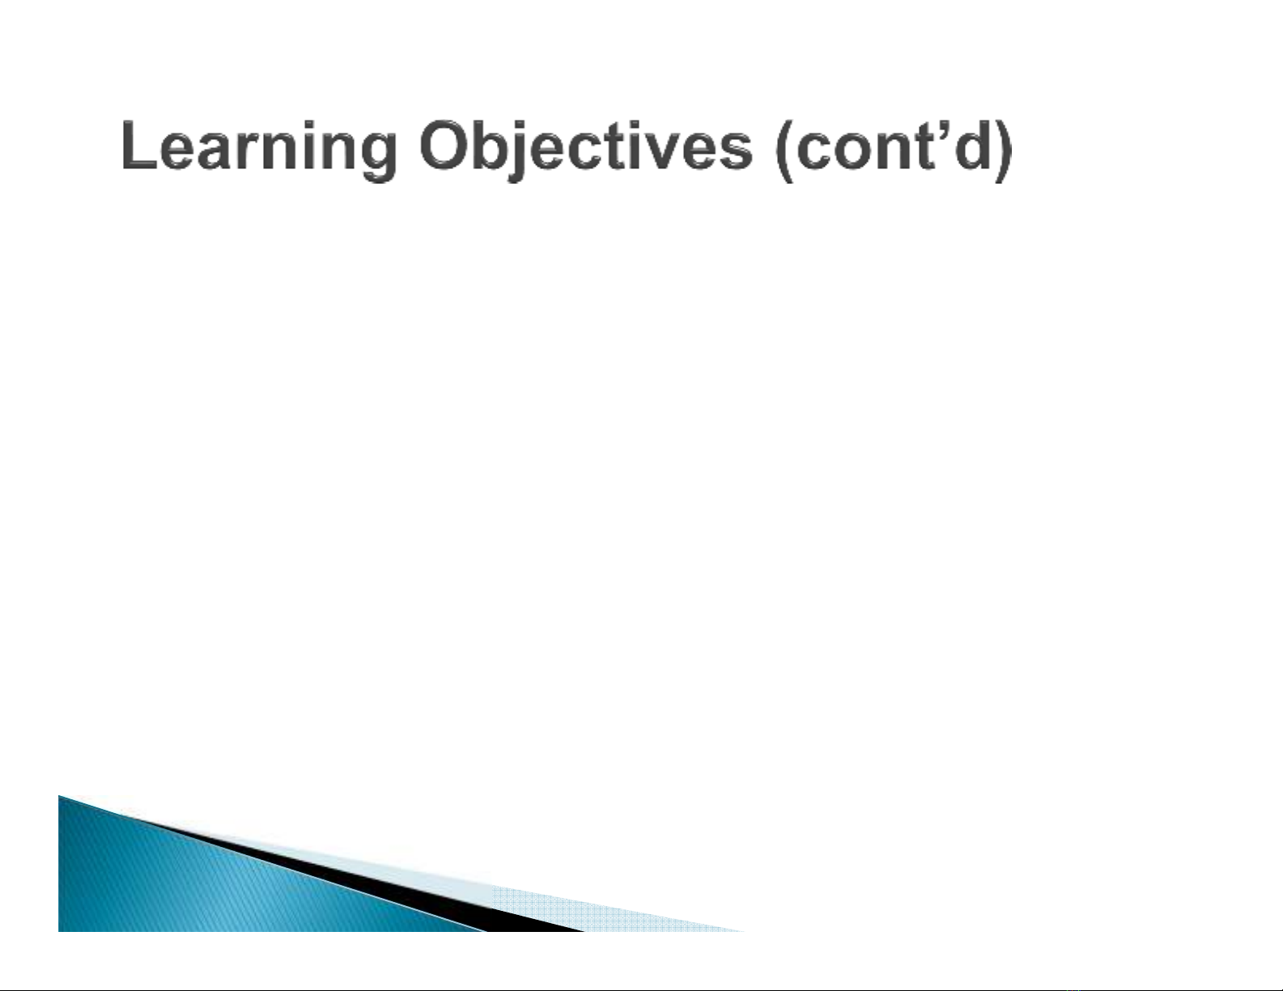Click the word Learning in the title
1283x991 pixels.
(258, 148)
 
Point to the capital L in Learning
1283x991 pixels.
(138, 145)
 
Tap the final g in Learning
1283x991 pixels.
(379, 156)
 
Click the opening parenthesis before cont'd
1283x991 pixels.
(783, 150)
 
